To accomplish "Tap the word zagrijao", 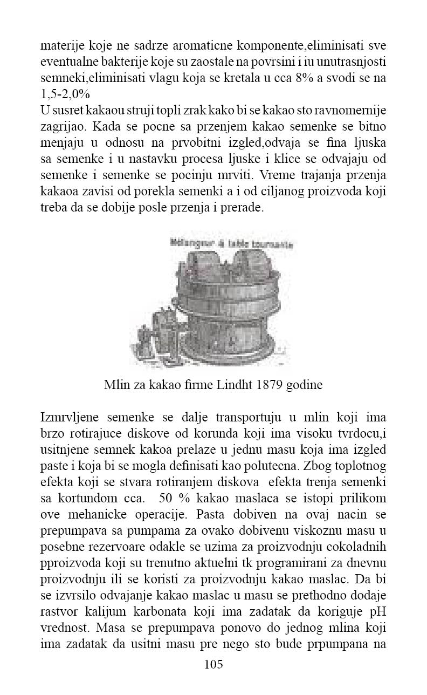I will pos(63,130).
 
